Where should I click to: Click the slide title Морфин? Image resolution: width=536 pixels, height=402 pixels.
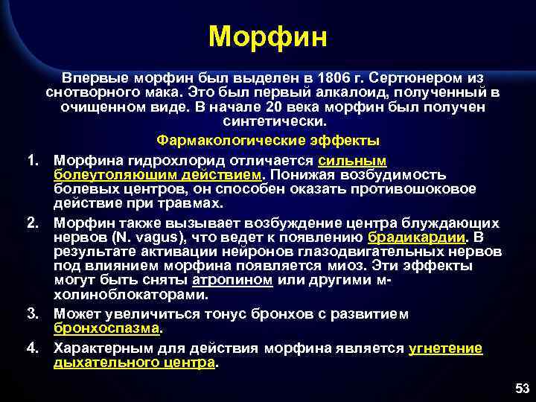[x=267, y=36]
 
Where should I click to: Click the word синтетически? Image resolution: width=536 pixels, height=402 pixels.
[x=268, y=121]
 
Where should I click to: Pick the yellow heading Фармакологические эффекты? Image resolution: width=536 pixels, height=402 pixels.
[x=268, y=140]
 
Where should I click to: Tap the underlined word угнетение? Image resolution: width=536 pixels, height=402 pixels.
[x=445, y=348]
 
